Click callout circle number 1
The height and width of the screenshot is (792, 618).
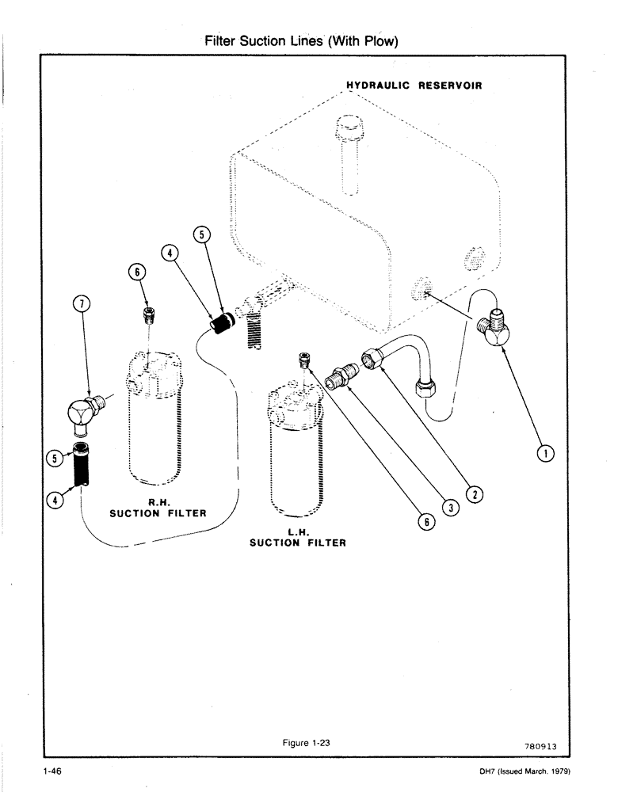pos(545,453)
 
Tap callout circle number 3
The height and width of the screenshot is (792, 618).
pos(449,508)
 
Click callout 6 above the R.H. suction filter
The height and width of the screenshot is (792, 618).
pos(139,271)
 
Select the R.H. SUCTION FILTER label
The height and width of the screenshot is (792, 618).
pos(158,508)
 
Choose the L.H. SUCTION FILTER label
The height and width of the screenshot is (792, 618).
pos(298,538)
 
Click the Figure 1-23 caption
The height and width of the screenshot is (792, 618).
pos(311,742)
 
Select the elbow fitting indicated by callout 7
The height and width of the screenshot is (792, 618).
pos(82,409)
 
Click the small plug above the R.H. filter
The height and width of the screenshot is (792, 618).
pos(147,315)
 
